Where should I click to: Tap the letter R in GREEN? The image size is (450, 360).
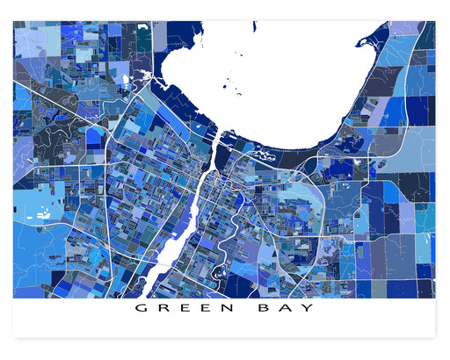[163, 309]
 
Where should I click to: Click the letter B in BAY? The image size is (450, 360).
[267, 309]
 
